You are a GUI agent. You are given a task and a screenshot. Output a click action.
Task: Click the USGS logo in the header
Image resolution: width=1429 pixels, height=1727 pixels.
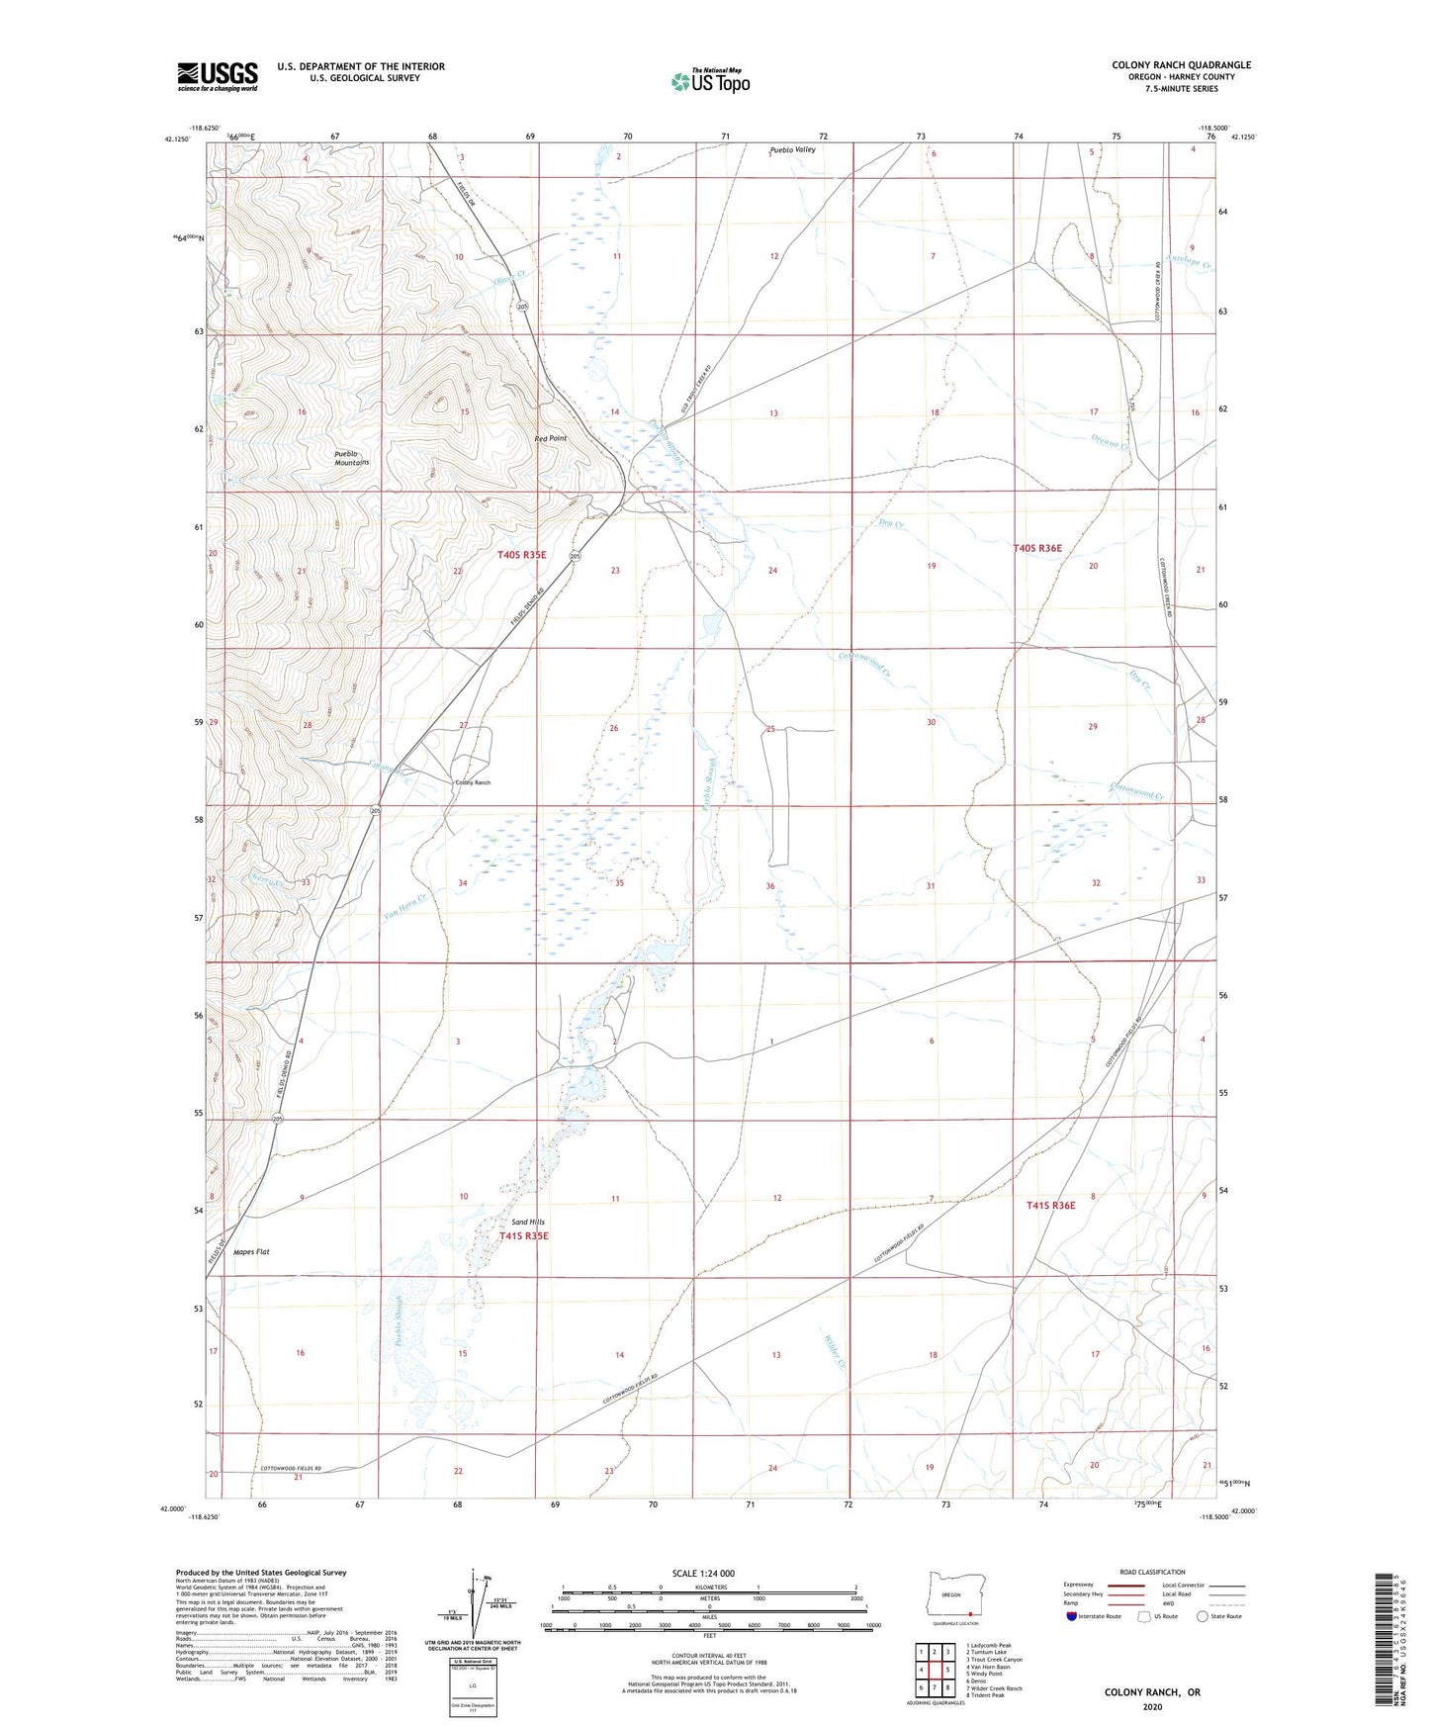218,76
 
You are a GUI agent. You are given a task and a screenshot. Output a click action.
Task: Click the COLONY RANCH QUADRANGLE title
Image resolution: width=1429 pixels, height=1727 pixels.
1181,65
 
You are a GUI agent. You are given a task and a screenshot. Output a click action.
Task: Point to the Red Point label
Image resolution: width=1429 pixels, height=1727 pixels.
551,438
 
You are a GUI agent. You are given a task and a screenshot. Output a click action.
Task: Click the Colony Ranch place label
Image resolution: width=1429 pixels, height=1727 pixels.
472,782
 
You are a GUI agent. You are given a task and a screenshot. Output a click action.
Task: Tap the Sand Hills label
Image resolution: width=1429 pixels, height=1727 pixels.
528,1222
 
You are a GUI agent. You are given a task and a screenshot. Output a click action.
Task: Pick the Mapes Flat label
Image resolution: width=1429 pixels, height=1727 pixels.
251,1252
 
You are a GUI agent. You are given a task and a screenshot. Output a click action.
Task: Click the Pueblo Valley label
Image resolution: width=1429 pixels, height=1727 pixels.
793,150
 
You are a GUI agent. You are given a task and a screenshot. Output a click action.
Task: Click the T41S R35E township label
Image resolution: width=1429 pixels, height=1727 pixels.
523,1236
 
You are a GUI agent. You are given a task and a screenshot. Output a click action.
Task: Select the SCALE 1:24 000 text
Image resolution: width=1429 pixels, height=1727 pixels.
704,1573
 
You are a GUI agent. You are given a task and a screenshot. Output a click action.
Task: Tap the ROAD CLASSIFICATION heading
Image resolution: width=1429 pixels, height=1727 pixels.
1152,1572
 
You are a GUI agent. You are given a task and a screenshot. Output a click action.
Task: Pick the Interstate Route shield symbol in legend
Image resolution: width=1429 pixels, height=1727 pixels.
1073,1616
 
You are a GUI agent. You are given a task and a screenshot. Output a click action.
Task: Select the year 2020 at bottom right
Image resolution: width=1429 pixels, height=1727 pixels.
1152,1706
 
